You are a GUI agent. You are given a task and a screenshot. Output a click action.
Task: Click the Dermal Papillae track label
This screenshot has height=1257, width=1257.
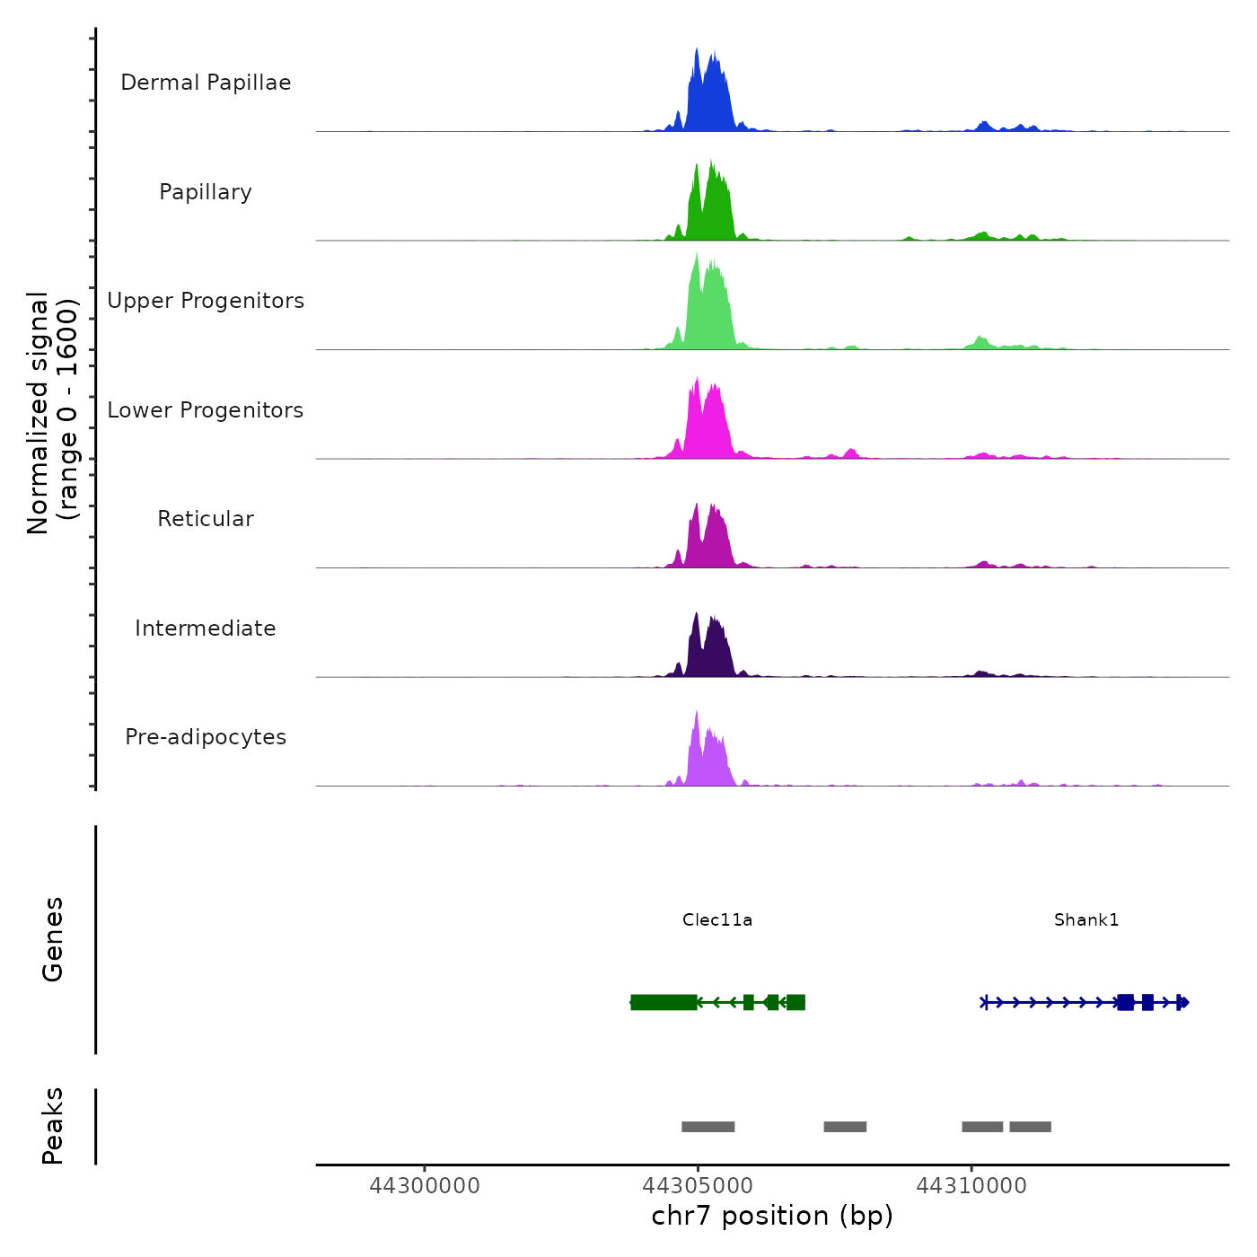[x=206, y=83]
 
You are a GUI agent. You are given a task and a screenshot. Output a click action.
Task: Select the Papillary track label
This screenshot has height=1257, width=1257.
[x=206, y=192]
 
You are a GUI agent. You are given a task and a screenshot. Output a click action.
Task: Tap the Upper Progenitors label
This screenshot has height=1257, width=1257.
[x=206, y=301]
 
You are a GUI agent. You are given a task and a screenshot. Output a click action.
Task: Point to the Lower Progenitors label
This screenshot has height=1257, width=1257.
[x=206, y=410]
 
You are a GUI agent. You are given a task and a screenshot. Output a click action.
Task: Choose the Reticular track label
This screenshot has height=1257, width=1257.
[x=206, y=519]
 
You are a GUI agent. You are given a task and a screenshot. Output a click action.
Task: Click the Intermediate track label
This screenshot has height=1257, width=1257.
[x=206, y=628]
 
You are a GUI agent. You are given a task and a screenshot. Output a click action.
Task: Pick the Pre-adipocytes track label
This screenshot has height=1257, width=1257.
[x=206, y=737]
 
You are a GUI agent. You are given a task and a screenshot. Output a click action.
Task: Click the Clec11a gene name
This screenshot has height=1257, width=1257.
[x=717, y=919]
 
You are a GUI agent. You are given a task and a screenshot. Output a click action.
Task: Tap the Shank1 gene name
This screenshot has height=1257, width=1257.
[x=1086, y=919]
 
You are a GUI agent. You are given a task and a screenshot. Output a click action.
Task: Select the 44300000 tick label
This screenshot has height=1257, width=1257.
[x=425, y=1186]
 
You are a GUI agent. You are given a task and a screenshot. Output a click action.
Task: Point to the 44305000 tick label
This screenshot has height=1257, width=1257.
[x=698, y=1186]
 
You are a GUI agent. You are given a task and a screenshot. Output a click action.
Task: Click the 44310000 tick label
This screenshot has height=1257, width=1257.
[x=971, y=1186]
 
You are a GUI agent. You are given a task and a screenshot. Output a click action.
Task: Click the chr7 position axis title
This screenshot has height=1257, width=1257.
[x=772, y=1216]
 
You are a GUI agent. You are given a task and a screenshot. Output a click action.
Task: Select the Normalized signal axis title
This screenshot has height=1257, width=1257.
[x=52, y=413]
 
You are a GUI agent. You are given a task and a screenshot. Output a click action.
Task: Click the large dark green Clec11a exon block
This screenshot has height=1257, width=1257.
[x=664, y=1002]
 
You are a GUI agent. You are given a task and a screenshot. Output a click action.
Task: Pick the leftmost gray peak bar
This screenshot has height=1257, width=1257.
[x=708, y=1127]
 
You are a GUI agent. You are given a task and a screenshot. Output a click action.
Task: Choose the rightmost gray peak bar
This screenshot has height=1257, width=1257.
[x=1030, y=1127]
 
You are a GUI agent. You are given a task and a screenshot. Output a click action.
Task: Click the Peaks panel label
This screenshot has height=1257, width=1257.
[x=53, y=1126]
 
